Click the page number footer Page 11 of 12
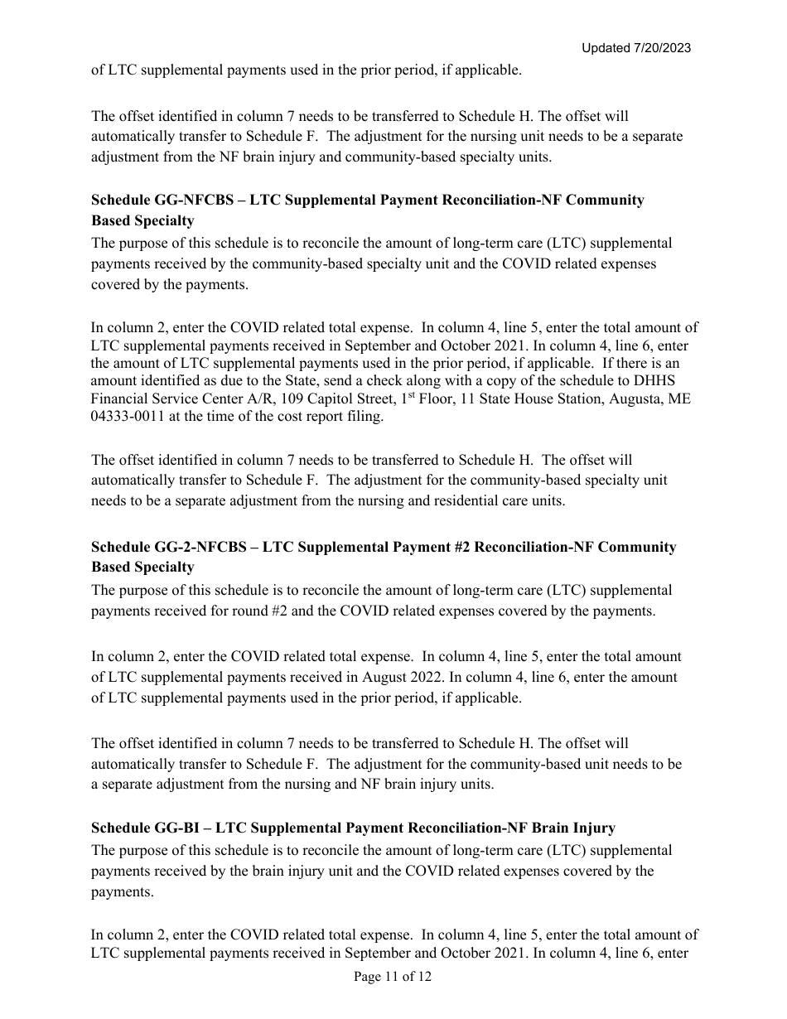point(393,977)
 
